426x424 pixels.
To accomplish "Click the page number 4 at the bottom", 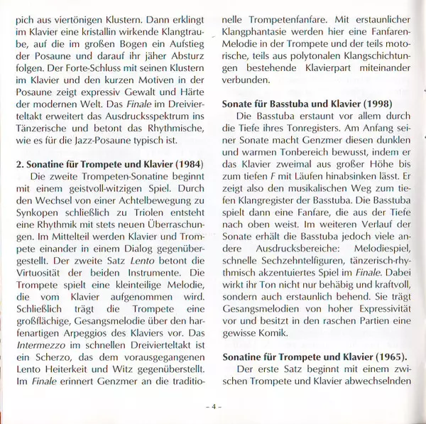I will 213,407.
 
